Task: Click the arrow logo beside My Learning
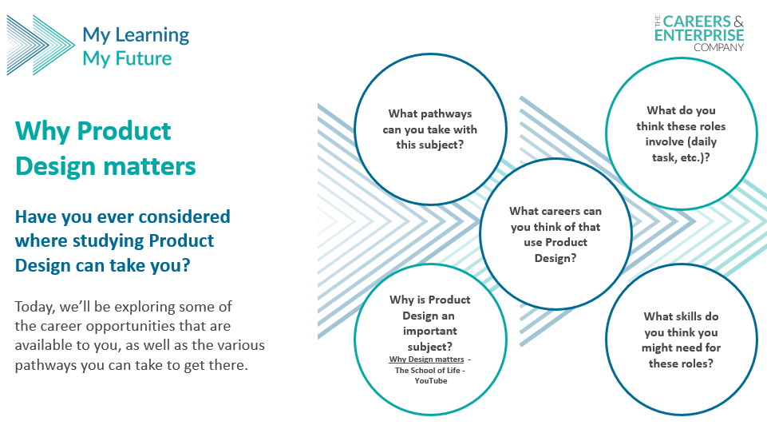coord(41,45)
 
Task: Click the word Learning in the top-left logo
coord(152,35)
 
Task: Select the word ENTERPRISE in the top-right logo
coord(699,35)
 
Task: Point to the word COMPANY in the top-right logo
coord(718,47)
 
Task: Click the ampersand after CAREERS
coord(738,22)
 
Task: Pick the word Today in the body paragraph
coord(35,307)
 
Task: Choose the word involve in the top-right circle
coord(664,142)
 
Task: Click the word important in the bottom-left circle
coord(430,332)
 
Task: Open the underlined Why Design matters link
coord(426,359)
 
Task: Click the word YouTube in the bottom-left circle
coord(431,381)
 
